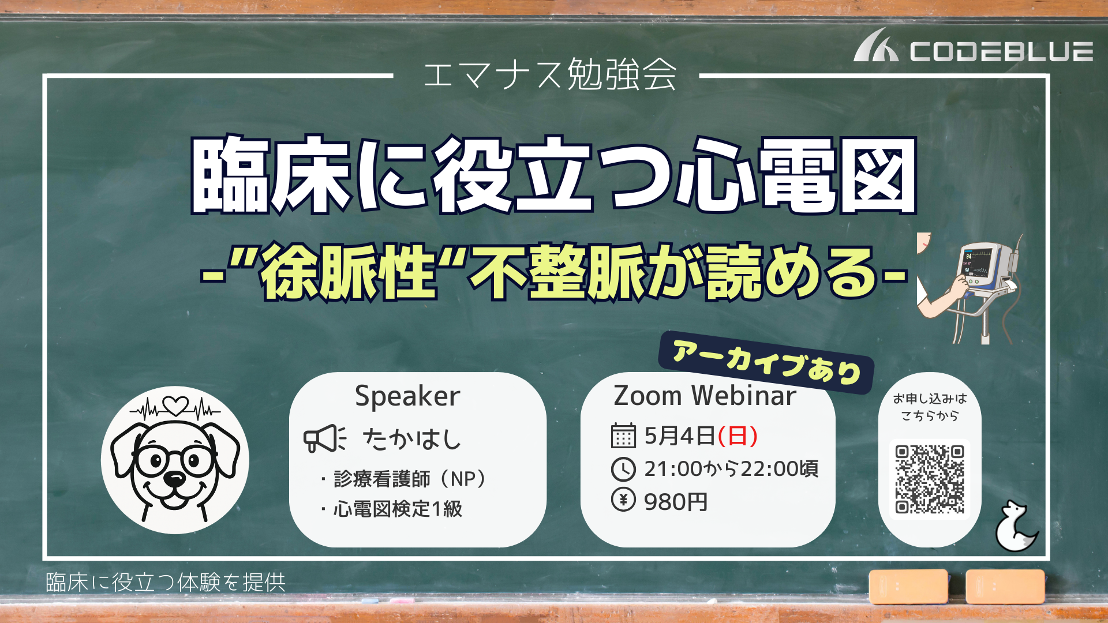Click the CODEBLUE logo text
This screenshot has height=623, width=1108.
point(1001,51)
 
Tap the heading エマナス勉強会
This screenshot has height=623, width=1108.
point(550,75)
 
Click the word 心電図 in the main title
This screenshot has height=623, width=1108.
point(796,174)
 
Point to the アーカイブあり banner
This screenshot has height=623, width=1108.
point(766,362)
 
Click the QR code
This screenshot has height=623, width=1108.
point(930,479)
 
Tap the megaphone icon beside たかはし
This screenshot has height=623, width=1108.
point(325,438)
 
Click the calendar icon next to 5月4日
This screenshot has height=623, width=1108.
point(623,436)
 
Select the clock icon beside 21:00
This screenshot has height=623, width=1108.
point(623,469)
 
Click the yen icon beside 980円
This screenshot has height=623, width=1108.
point(623,500)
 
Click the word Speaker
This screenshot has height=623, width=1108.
point(407,396)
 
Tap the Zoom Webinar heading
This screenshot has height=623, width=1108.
point(705,396)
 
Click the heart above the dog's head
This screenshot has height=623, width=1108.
point(175,406)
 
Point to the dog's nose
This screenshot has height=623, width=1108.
point(174,478)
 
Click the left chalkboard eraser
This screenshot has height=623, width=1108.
point(908,586)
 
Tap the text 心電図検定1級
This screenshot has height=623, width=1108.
point(398,509)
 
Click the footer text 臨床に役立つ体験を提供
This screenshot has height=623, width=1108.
point(166,583)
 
